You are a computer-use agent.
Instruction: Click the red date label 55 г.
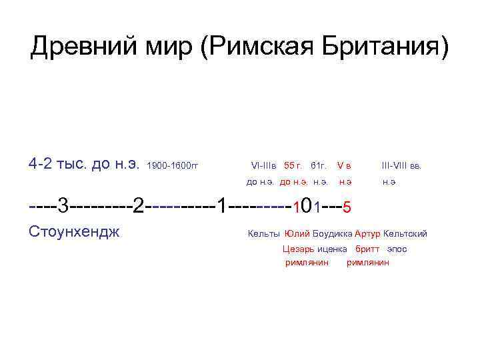pos(293,165)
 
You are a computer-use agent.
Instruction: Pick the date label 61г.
pos(318,165)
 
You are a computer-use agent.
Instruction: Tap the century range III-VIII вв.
pos(401,165)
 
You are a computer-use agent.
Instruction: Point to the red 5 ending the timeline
pos(347,207)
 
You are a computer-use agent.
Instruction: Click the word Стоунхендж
pos(75,233)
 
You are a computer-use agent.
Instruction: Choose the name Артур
pos(368,234)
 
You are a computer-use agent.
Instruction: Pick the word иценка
pos(332,249)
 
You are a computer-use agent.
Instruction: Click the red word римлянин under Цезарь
pos(307,263)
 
